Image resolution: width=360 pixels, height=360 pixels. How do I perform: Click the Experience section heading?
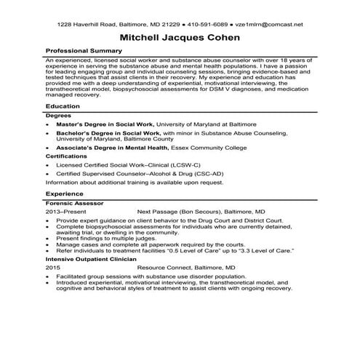point(63,194)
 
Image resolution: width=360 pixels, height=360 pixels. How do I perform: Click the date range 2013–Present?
point(65,212)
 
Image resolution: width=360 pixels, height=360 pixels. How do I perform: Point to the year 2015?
point(52,268)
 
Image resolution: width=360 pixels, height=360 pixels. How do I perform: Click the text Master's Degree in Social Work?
point(100,124)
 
